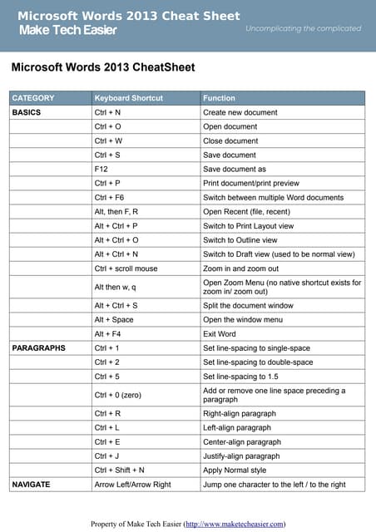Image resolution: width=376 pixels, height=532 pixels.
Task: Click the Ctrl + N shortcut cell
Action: click(x=108, y=112)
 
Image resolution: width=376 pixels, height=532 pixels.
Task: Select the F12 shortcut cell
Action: click(x=101, y=169)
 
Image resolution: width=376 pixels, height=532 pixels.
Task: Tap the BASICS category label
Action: click(x=27, y=112)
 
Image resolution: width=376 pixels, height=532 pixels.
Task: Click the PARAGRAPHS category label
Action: click(x=38, y=348)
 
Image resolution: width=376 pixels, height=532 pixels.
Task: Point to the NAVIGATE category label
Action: click(x=32, y=483)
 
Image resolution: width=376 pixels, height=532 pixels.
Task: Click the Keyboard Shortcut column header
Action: click(x=129, y=98)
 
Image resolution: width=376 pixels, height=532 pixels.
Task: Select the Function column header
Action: click(x=219, y=98)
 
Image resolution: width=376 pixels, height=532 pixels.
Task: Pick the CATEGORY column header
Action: click(x=33, y=98)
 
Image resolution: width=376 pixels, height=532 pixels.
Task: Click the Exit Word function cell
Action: click(x=220, y=333)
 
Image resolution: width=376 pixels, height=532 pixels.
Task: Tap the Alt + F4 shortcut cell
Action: click(x=109, y=333)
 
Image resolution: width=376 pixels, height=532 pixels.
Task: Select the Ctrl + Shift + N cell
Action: click(x=120, y=470)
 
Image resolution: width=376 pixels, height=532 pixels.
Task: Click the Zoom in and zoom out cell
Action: click(x=241, y=268)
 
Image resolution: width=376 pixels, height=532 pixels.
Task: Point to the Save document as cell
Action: click(x=235, y=169)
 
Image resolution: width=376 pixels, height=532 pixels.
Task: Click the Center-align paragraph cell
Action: click(x=242, y=441)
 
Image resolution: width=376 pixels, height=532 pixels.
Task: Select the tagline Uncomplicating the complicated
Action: click(x=304, y=28)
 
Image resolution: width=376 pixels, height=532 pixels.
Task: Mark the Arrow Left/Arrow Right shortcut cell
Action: click(x=133, y=483)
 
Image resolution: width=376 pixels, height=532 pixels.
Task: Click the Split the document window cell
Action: click(x=248, y=305)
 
